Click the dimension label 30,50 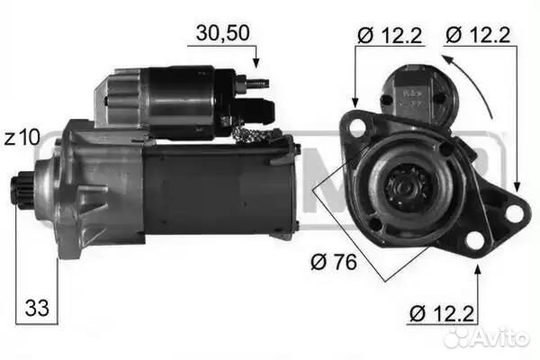click(x=222, y=33)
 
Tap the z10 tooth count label click(x=22, y=138)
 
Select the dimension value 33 click(x=37, y=308)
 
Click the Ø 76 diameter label click(x=334, y=263)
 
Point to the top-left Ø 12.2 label click(x=390, y=35)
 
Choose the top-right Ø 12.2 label click(x=478, y=35)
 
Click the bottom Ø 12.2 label click(x=442, y=313)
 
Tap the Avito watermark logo click(x=486, y=337)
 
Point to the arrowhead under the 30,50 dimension click(x=256, y=63)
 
